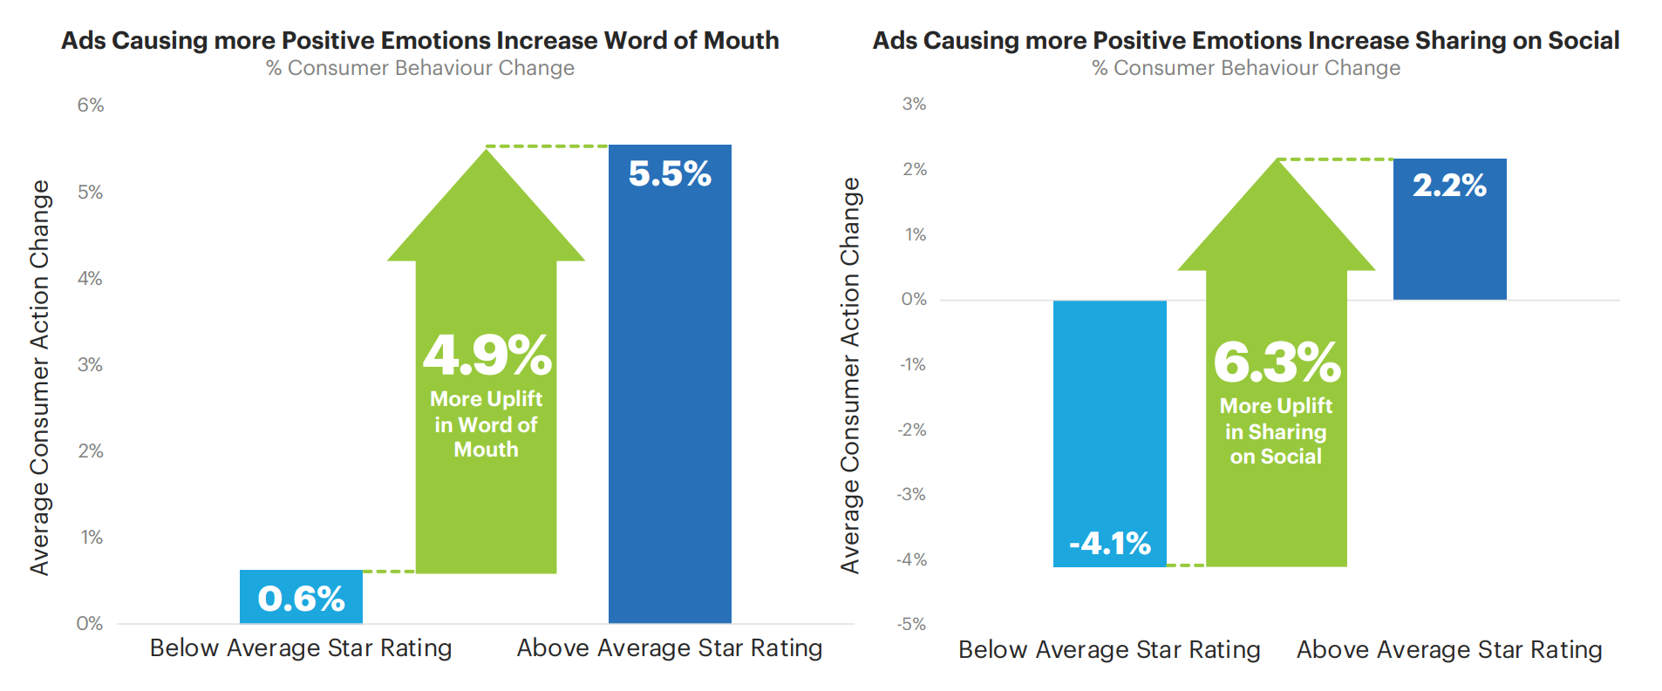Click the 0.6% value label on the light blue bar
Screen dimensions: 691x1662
pos(301,599)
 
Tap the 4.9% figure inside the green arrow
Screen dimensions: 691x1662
pos(487,356)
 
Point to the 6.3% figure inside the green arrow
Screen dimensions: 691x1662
pos(1277,362)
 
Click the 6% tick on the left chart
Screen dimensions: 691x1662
pos(91,105)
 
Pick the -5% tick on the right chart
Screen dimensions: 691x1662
pos(911,624)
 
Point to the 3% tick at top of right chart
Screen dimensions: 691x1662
pos(914,104)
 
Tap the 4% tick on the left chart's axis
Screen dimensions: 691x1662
pos(90,278)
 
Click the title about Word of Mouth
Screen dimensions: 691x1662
pos(419,40)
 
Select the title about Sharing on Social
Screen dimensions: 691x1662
pos(1246,40)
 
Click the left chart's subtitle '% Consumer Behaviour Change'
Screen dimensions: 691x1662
pos(419,68)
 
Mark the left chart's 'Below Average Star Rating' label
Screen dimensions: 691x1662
pos(301,648)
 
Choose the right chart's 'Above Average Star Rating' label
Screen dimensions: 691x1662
pos(1449,650)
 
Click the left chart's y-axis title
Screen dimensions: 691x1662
pos(40,377)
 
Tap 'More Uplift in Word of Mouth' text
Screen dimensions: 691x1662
pos(487,424)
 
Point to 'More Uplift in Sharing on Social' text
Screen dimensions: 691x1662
pos(1276,431)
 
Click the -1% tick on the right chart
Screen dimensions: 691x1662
pos(912,364)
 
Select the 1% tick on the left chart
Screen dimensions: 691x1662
pos(92,537)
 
